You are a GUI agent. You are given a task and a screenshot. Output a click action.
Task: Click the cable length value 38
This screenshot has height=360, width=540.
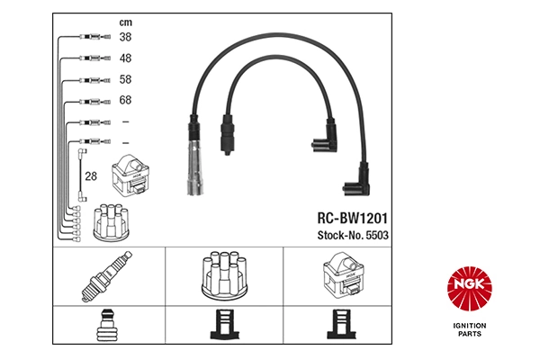coord(125,37)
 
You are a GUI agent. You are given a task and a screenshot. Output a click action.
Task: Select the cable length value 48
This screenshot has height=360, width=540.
coord(125,58)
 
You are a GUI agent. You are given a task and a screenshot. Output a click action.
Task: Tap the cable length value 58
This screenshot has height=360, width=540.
coord(125,79)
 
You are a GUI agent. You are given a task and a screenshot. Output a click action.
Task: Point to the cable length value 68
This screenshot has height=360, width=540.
coord(125,101)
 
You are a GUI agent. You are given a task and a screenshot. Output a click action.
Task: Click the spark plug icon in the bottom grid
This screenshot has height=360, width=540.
coord(110,276)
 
